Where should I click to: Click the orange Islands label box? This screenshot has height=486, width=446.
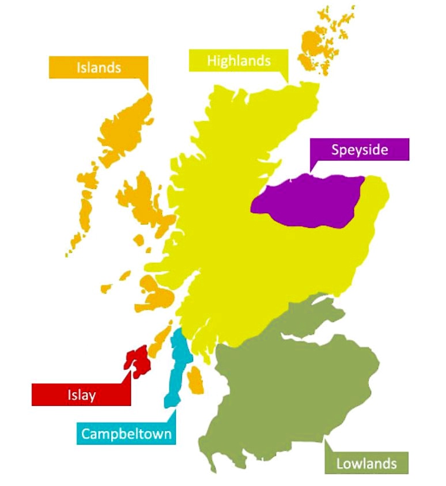pyautogui.click(x=99, y=67)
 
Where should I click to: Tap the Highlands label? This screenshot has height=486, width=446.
pyautogui.click(x=238, y=60)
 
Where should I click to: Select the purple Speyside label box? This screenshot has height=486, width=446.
pyautogui.click(x=359, y=150)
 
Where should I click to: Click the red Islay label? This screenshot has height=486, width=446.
pyautogui.click(x=81, y=394)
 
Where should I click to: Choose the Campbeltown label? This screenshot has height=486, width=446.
pyautogui.click(x=126, y=433)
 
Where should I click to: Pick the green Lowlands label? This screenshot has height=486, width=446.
pyautogui.click(x=366, y=462)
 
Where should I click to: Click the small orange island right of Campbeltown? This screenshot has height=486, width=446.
pyautogui.click(x=196, y=380)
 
